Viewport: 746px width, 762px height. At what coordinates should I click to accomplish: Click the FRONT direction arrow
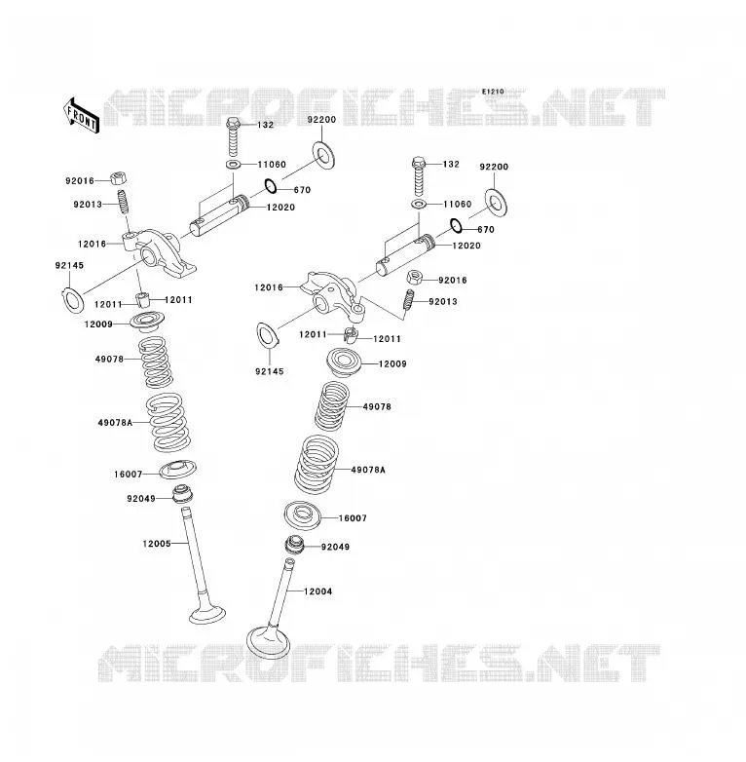pyautogui.click(x=81, y=116)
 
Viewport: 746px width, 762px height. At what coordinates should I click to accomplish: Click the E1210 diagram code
pyautogui.click(x=493, y=92)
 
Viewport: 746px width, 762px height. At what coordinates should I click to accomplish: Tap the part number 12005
pyautogui.click(x=157, y=544)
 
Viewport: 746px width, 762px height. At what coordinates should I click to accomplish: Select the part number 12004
pyautogui.click(x=318, y=591)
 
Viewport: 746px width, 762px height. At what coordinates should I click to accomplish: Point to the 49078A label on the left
pyautogui.click(x=115, y=423)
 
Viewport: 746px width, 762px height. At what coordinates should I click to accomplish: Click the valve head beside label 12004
pyautogui.click(x=268, y=642)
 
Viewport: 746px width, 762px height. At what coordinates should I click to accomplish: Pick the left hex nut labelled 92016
pyautogui.click(x=118, y=178)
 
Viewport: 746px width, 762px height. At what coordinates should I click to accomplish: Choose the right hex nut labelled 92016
pyautogui.click(x=414, y=278)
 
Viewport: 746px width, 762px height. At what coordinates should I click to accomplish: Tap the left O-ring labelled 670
pyautogui.click(x=271, y=186)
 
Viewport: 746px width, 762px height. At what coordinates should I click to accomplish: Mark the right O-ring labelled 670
pyautogui.click(x=456, y=225)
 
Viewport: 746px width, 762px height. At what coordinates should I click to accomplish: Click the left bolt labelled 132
pyautogui.click(x=233, y=137)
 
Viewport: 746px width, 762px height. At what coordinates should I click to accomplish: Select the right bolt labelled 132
pyautogui.click(x=419, y=176)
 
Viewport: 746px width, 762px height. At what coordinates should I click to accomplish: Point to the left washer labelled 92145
pyautogui.click(x=73, y=300)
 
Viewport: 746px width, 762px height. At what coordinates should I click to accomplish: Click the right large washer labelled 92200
pyautogui.click(x=497, y=203)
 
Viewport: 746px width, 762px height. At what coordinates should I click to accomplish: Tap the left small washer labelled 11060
pyautogui.click(x=233, y=165)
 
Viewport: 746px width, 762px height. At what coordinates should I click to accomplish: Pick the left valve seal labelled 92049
pyautogui.click(x=183, y=494)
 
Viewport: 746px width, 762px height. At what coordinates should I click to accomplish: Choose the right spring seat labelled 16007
pyautogui.click(x=302, y=515)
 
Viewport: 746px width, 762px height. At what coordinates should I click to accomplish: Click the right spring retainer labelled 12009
pyautogui.click(x=345, y=362)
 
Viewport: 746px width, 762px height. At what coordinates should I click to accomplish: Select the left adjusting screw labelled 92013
pyautogui.click(x=124, y=202)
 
